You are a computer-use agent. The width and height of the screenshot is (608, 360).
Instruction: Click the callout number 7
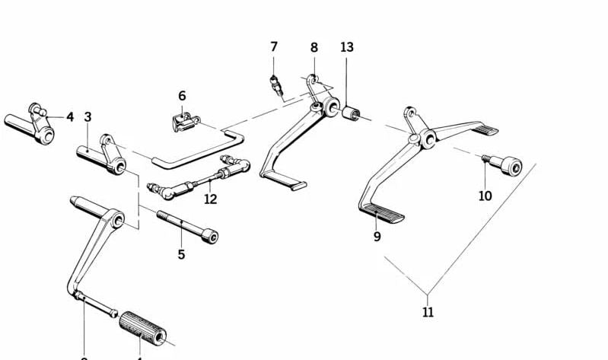pos(274,47)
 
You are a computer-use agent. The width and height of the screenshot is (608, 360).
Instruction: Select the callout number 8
pos(314,48)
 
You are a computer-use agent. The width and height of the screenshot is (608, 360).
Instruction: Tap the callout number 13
pos(347,47)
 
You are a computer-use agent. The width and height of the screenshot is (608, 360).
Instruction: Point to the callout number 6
pos(182,96)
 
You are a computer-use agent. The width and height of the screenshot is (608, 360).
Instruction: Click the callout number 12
pos(211,199)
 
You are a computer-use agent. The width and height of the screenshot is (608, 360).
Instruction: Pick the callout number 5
pos(181,254)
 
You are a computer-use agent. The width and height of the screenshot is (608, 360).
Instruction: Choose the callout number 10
pos(485,196)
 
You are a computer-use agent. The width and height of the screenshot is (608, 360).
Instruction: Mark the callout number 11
pos(428,311)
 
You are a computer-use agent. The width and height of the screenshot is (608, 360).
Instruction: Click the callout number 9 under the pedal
pos(377,237)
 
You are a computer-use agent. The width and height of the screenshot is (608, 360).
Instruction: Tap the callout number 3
pos(88,117)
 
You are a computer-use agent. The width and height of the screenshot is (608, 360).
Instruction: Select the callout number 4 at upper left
pos(69,117)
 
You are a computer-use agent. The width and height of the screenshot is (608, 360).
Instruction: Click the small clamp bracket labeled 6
pos(183,119)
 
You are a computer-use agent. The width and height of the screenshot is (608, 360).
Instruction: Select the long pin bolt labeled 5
pos(188,227)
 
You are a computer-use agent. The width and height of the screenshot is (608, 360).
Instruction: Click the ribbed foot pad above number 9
pos(382,212)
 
